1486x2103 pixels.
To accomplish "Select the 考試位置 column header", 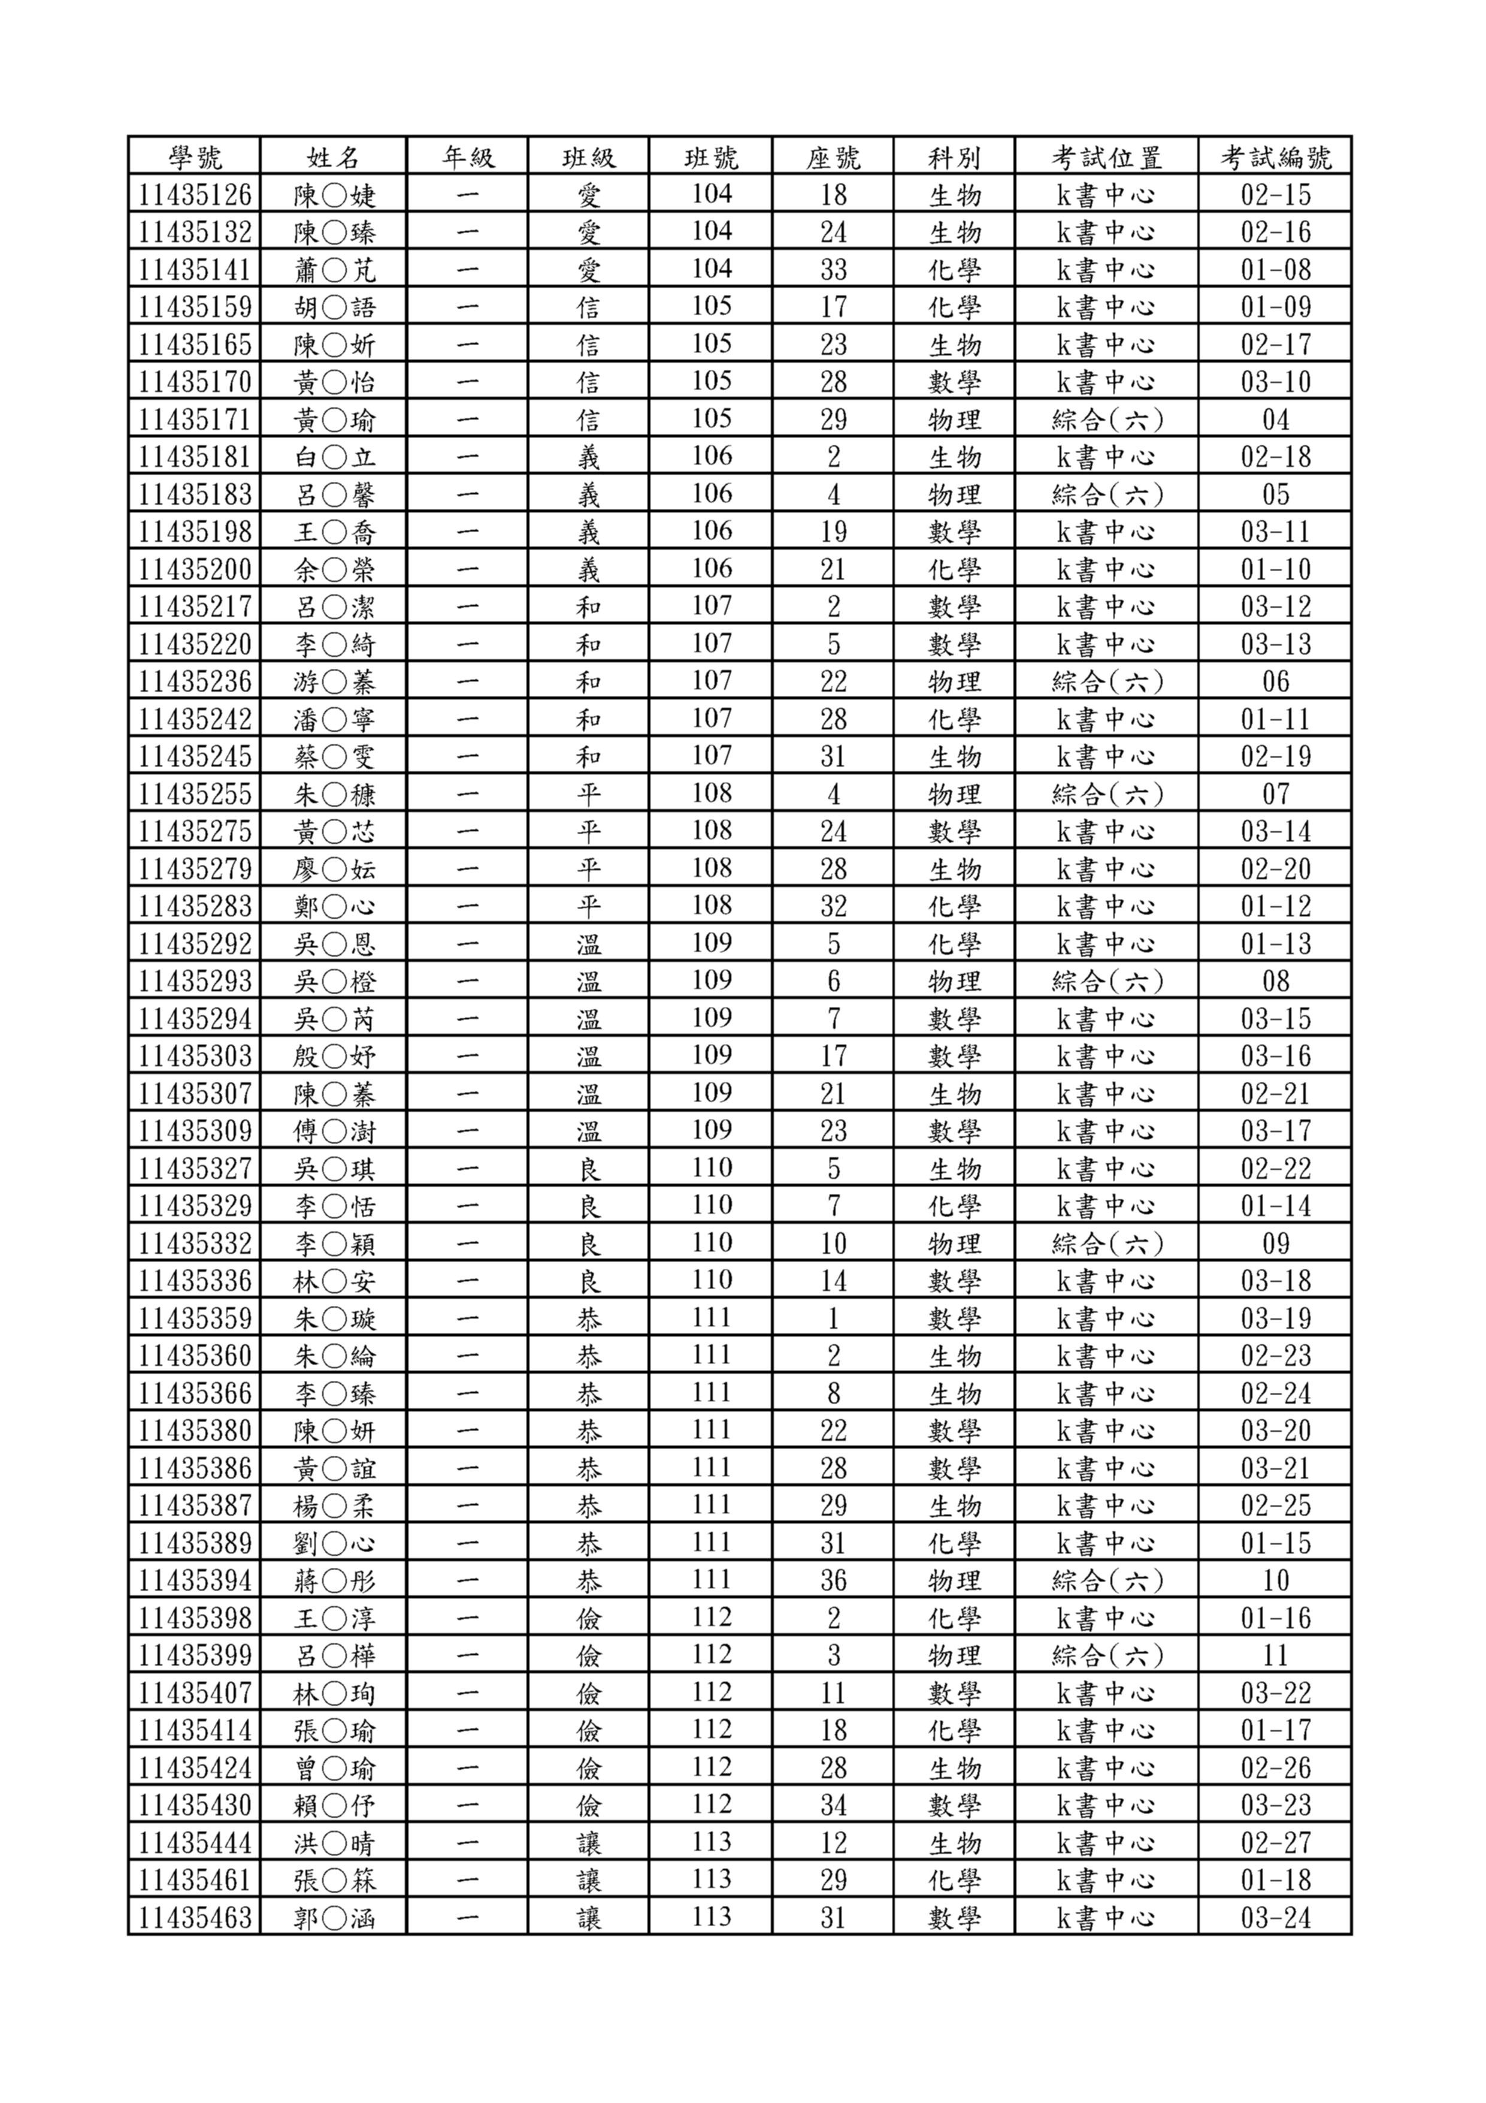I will pos(1106,156).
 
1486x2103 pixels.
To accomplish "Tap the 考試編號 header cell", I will pos(1275,156).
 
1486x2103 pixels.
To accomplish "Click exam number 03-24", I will pos(1275,1917).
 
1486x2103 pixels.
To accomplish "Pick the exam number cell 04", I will pos(1275,420).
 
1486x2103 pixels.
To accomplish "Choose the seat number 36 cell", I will pos(833,1580).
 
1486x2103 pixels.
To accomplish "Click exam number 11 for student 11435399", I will pos(1275,1655).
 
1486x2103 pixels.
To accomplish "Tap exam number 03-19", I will pos(1275,1318).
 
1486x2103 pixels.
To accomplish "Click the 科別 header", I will pos(954,156).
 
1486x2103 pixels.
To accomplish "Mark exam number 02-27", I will pos(1275,1842).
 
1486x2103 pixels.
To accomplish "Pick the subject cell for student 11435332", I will pos(954,1243).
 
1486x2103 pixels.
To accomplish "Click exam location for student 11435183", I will pos(1106,494).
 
